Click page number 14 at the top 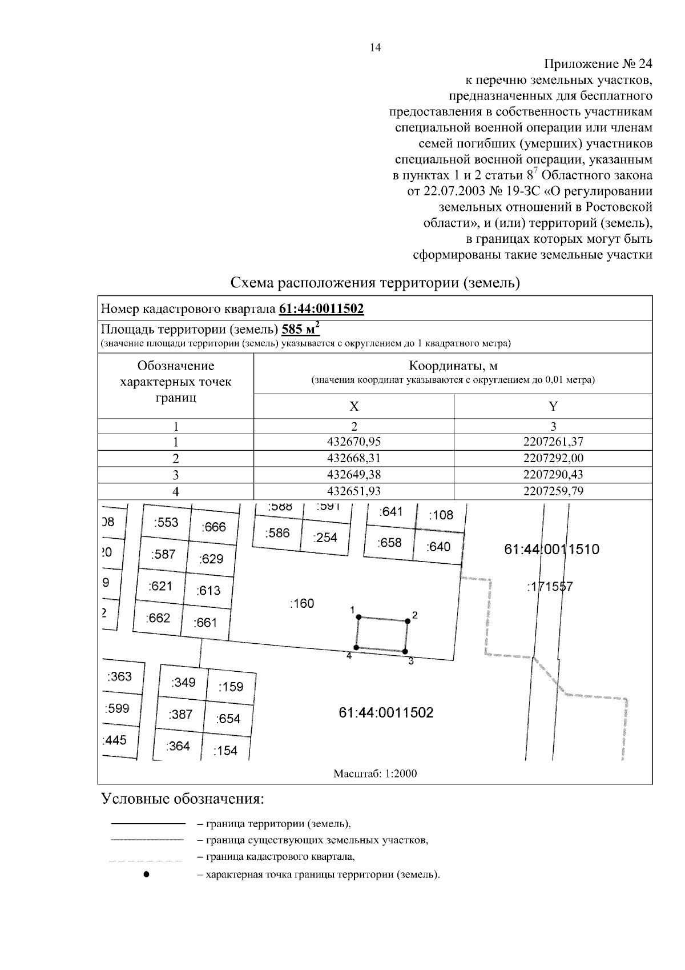(x=375, y=48)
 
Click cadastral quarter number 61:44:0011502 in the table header (x=321, y=309)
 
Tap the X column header (x=354, y=406)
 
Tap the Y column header (x=553, y=406)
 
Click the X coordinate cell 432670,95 (x=354, y=442)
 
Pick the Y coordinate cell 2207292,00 (x=553, y=458)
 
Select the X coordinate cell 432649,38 (x=354, y=475)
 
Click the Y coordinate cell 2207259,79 (x=553, y=491)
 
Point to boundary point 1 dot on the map (x=358, y=616)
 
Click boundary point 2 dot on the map (x=408, y=621)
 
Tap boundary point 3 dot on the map (x=405, y=651)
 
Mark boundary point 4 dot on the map (x=356, y=647)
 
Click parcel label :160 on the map (x=302, y=603)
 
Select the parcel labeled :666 (x=214, y=527)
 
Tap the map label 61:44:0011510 (x=552, y=550)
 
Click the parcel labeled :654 (x=228, y=719)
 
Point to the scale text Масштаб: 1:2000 (x=375, y=773)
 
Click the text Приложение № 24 (x=598, y=63)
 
